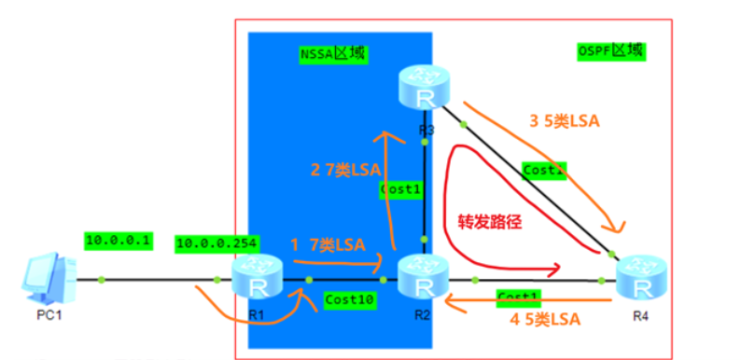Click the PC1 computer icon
coord(48,276)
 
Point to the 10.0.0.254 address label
coord(210,244)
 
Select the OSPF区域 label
coord(611,50)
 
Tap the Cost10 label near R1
coord(345,299)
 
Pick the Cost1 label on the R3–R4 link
coord(544,171)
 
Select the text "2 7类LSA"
coord(343,171)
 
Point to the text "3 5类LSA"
coord(564,120)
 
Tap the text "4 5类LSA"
coord(545,320)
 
